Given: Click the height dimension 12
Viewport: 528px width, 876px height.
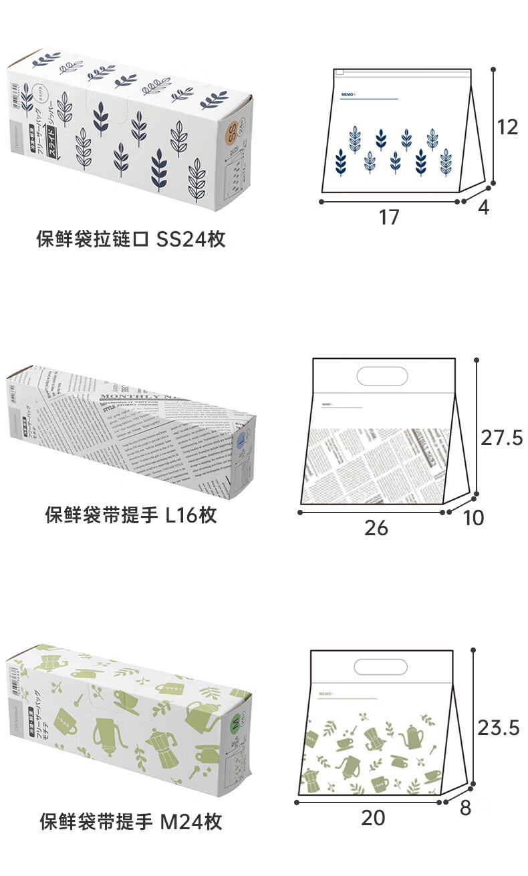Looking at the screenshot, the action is (x=507, y=126).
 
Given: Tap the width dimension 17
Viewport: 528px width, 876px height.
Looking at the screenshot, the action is (x=389, y=216).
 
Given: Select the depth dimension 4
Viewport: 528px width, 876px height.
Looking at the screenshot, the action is (x=483, y=208).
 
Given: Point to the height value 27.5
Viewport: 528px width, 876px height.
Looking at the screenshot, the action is (x=501, y=438).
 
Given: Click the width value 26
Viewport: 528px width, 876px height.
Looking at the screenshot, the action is (x=376, y=528).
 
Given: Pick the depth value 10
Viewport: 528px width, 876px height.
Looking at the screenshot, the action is (x=473, y=517).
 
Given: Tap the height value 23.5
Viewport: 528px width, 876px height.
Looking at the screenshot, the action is (x=499, y=728).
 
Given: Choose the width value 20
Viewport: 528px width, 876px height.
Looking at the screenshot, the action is (x=374, y=817).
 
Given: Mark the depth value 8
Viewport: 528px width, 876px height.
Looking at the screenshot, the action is (x=465, y=808).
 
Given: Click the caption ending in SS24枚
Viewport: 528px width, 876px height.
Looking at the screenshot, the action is (x=131, y=239).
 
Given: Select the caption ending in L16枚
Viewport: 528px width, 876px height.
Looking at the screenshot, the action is (x=131, y=515).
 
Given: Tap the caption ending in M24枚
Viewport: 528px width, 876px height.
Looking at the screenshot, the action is (x=131, y=821).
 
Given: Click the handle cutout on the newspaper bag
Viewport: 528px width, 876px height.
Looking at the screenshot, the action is (x=382, y=376).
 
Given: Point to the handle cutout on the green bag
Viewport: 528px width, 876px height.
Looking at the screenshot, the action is (x=380, y=666).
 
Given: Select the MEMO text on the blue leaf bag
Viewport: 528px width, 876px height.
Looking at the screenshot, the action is (x=347, y=95).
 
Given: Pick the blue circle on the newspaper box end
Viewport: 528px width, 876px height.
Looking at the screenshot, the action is (x=242, y=440).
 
